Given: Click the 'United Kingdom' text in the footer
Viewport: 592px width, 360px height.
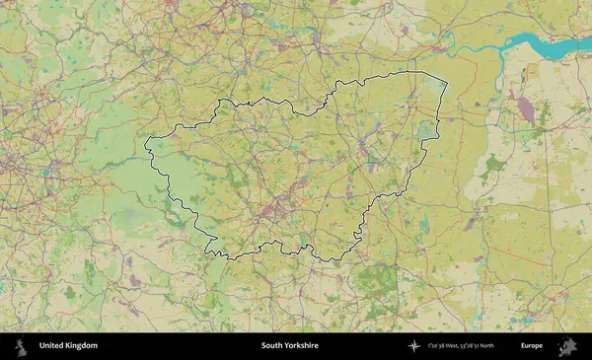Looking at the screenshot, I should [x=68, y=346].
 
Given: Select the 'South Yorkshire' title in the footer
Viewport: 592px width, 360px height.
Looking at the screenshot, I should [x=290, y=346].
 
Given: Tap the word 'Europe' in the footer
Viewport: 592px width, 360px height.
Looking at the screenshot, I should [x=532, y=346].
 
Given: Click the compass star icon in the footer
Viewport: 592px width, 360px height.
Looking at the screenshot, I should [x=414, y=346].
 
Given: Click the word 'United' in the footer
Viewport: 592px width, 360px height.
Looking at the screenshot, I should [x=51, y=346].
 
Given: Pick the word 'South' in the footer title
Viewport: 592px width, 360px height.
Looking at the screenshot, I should [x=272, y=346].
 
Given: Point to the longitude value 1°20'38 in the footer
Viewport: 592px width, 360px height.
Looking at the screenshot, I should [x=439, y=346].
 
